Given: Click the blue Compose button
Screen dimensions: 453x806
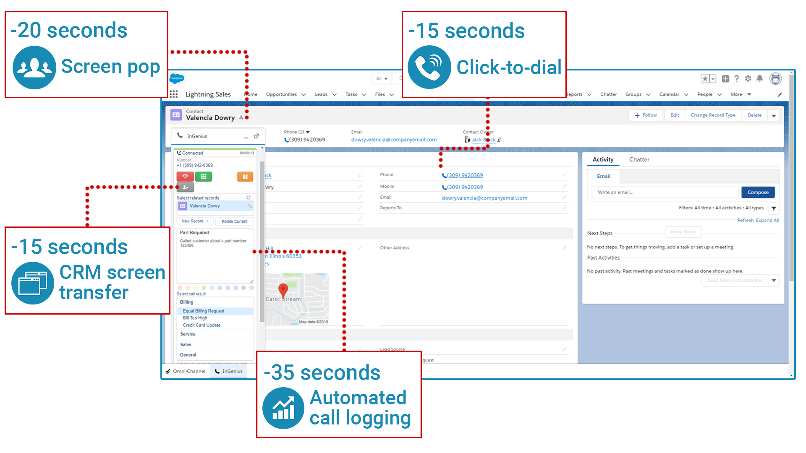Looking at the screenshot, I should [x=758, y=192].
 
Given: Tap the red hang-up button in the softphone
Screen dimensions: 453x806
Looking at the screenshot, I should [x=185, y=177].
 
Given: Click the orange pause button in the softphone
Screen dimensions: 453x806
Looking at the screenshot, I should [x=245, y=177].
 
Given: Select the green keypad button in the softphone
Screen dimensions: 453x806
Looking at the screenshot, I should [x=204, y=177].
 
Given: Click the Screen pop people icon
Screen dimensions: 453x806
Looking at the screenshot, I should [x=34, y=67].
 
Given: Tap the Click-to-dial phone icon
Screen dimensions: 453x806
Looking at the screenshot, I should [x=429, y=67].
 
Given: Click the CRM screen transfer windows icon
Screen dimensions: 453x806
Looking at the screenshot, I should [x=33, y=283].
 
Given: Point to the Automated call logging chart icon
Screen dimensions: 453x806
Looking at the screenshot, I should [x=283, y=408].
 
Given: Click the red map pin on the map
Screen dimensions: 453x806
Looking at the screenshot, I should [x=283, y=289].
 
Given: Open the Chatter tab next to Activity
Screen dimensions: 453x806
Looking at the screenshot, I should [x=639, y=159].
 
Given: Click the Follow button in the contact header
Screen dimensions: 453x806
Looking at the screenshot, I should [x=646, y=115].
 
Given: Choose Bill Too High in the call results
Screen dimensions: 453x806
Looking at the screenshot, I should [x=195, y=318].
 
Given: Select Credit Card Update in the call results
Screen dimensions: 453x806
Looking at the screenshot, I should [x=201, y=325].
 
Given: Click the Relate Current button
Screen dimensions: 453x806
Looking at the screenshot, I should [x=234, y=221].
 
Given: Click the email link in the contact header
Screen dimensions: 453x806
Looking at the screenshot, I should [x=394, y=140].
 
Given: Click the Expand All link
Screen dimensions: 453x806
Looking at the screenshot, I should [x=767, y=220].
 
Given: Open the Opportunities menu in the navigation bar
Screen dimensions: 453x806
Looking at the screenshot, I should [x=281, y=94].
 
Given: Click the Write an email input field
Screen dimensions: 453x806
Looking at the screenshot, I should [x=665, y=192].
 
